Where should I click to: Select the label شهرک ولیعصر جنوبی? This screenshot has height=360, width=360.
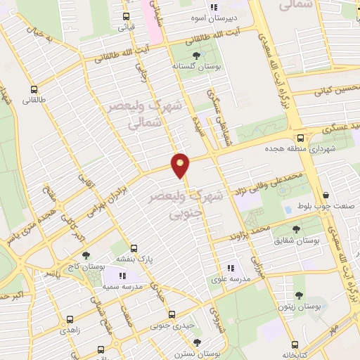pos(186,202)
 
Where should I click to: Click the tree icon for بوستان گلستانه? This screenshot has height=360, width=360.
pos(196,55)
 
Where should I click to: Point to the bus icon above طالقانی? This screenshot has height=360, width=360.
pos(34,89)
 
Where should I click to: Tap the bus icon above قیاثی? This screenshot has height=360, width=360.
pos(127,16)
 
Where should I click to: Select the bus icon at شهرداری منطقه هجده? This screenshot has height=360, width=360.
pos(300,138)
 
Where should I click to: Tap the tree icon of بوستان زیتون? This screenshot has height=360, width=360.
pos(298,296)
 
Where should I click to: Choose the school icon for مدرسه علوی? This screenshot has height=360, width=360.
pos(230,268)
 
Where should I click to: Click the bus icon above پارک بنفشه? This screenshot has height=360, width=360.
pos(134,248)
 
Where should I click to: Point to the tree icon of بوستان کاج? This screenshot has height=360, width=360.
pos(85,256)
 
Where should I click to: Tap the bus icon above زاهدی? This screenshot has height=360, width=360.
pos(69,317)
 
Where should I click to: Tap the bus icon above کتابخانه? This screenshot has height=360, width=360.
pos(296,345)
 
